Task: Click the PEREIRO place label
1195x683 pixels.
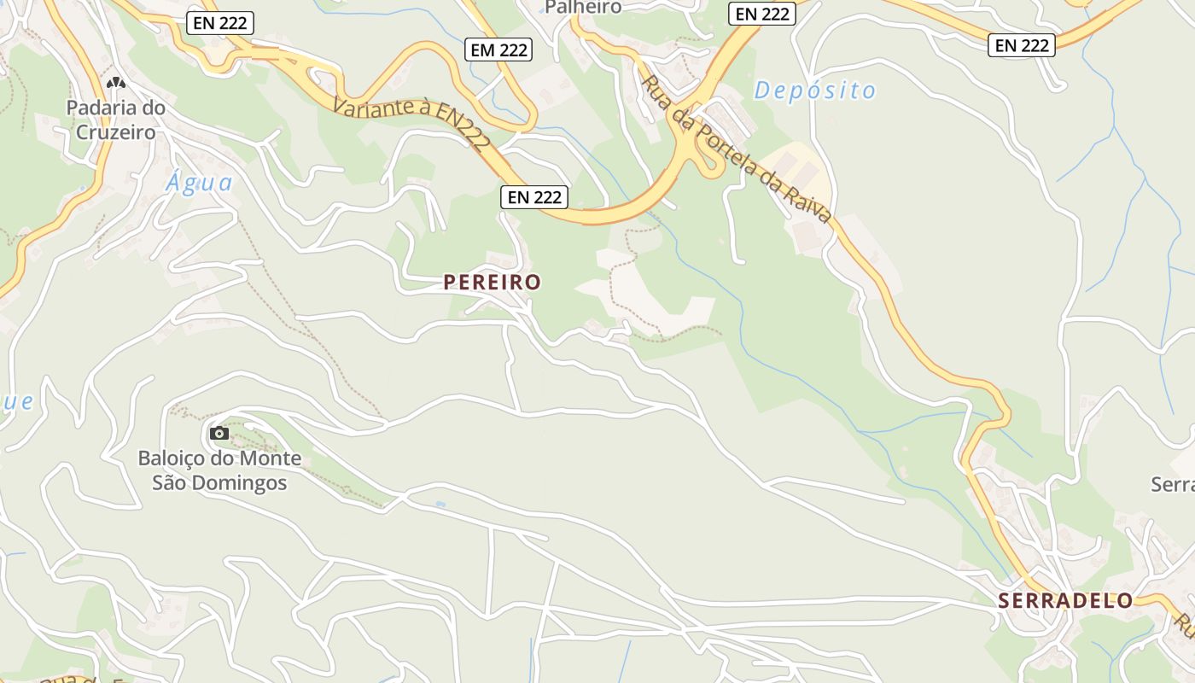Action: [492, 283]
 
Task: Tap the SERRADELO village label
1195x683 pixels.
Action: [1065, 600]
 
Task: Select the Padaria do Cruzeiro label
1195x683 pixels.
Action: [116, 120]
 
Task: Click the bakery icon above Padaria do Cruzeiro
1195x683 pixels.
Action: [116, 84]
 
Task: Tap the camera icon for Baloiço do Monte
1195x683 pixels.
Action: [219, 434]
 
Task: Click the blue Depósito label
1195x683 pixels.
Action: [814, 90]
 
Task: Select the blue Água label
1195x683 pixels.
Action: [200, 183]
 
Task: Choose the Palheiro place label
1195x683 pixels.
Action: [582, 8]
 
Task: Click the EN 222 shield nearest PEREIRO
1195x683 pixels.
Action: [534, 197]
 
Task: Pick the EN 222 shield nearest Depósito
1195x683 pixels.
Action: [762, 14]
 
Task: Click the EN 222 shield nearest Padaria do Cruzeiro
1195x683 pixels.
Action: [220, 23]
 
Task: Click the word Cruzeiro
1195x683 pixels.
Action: [116, 132]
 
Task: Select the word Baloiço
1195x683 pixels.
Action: [172, 458]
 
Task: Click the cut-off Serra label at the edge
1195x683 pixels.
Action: [1175, 485]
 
